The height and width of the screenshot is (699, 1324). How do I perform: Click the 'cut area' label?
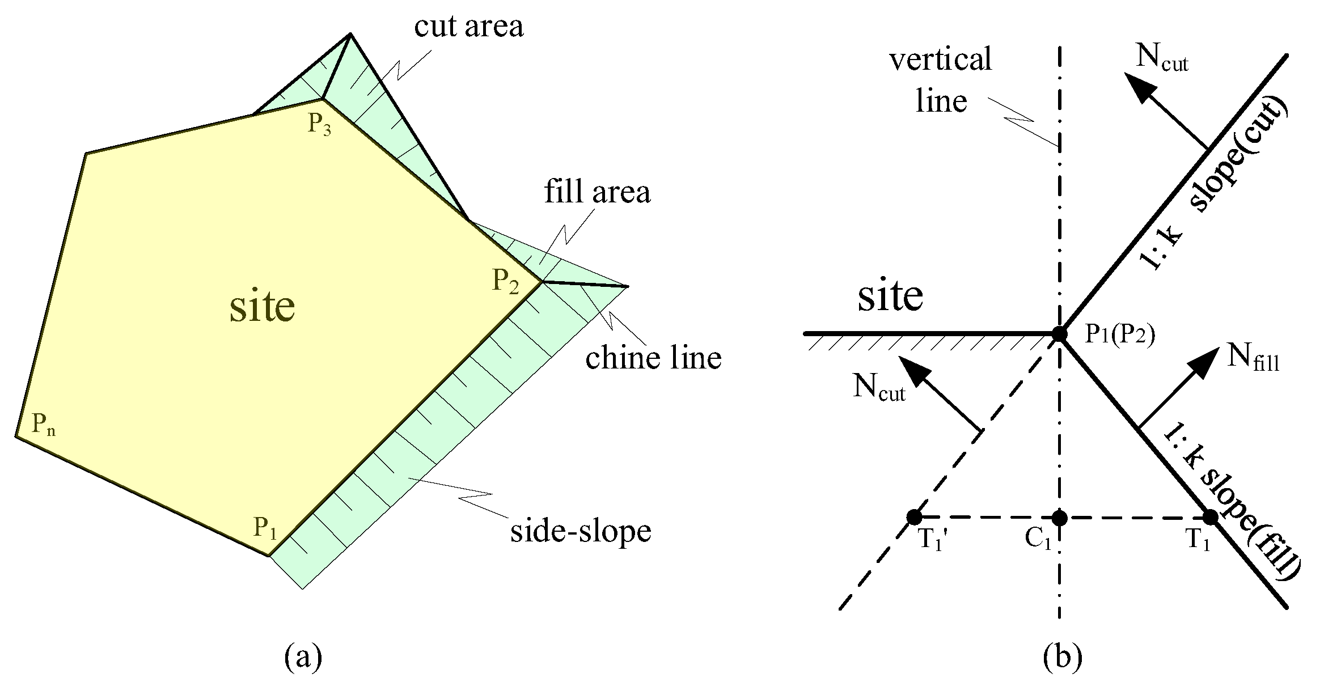point(468,27)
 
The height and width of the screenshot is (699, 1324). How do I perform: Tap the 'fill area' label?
point(597,192)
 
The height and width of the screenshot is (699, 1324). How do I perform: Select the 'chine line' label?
point(653,358)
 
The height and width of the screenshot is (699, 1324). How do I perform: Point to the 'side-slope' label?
point(581,531)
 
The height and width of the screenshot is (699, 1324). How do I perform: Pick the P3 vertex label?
point(320,124)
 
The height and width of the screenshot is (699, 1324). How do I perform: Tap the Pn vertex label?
point(43,424)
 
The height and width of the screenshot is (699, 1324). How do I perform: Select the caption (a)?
point(303,657)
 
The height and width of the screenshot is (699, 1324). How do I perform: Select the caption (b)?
point(1062,657)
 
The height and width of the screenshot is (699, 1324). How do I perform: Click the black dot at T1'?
point(913,517)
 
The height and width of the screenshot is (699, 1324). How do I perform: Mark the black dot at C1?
point(1059,517)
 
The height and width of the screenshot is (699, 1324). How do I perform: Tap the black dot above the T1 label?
point(1210,517)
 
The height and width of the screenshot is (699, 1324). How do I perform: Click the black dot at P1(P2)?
point(1059,333)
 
